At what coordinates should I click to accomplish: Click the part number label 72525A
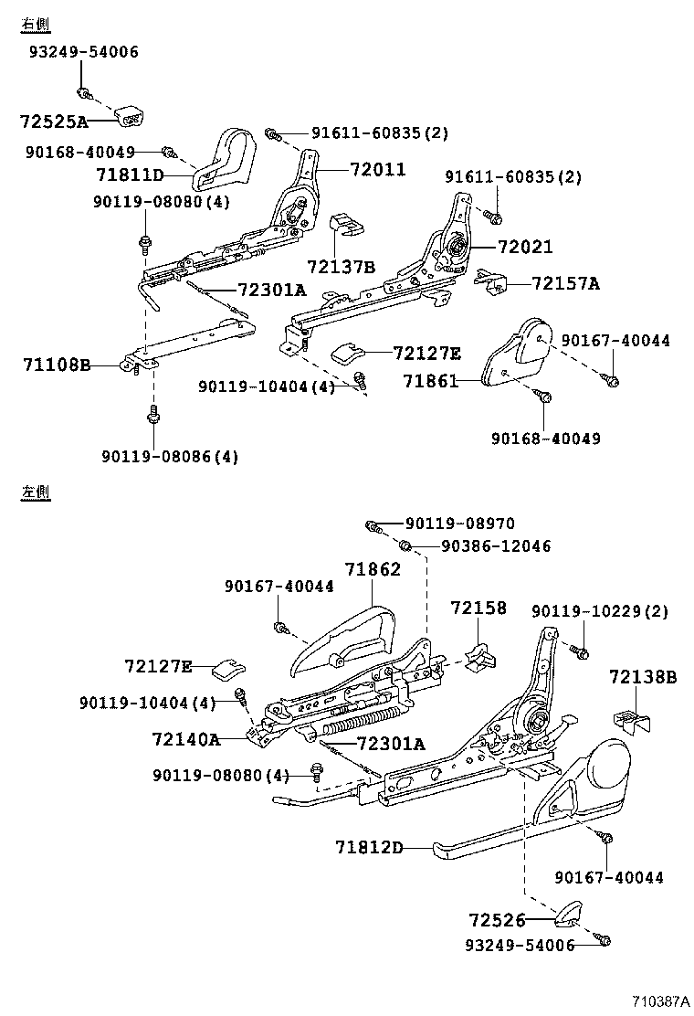(x=54, y=121)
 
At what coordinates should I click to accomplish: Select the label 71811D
(x=130, y=174)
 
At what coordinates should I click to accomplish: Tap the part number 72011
(x=377, y=169)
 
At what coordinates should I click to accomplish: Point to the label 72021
(x=524, y=247)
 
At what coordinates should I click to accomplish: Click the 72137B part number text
(x=341, y=267)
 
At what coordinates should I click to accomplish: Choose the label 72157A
(x=565, y=283)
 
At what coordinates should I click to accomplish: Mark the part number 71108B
(x=57, y=365)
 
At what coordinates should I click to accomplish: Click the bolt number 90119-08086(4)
(x=171, y=456)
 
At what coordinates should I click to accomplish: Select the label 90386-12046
(x=495, y=545)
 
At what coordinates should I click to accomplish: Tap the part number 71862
(x=373, y=568)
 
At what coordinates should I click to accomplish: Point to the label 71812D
(x=369, y=847)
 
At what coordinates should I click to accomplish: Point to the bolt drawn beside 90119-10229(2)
(x=578, y=651)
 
